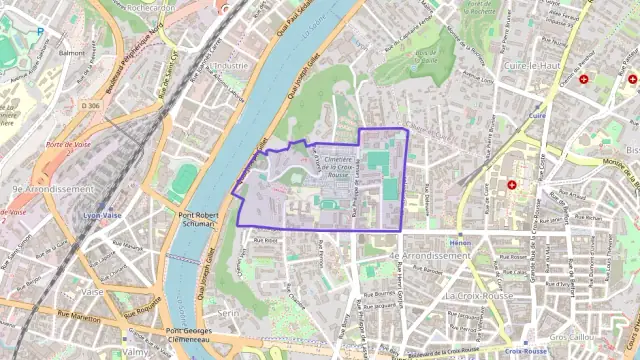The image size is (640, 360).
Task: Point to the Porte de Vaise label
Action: pyautogui.click(x=67, y=145)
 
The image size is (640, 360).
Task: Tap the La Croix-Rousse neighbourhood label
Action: pyautogui.click(x=481, y=296)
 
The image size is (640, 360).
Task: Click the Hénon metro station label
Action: pyautogui.click(x=460, y=242)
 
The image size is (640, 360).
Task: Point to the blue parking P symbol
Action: pyautogui.click(x=40, y=31)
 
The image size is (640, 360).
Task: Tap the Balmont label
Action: pyautogui.click(x=72, y=52)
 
